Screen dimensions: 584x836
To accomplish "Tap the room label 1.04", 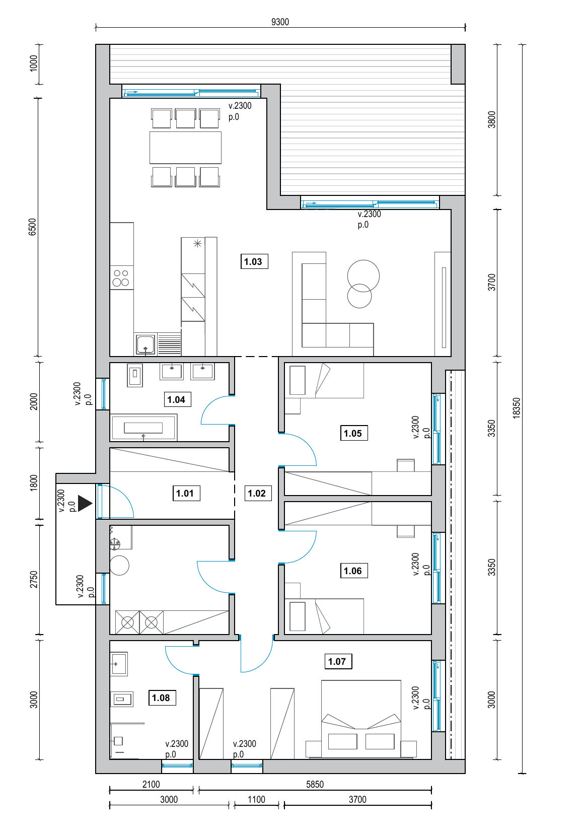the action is (177, 400).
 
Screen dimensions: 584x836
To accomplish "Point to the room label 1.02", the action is (258, 494).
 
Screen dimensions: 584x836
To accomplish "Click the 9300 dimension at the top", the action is (280, 22).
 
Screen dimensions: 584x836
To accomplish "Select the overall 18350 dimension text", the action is (516, 408).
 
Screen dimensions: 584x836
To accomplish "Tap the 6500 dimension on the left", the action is (32, 227).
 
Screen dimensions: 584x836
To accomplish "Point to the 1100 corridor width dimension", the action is (256, 799).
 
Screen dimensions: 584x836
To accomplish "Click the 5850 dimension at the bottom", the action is (315, 784).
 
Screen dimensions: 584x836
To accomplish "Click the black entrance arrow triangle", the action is (85, 503).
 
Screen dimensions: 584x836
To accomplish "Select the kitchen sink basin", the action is (145, 344).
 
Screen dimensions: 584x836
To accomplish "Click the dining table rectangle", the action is (185, 148).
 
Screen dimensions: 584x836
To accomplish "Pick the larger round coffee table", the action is (363, 276).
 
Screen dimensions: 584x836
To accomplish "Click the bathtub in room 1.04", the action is (143, 428).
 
